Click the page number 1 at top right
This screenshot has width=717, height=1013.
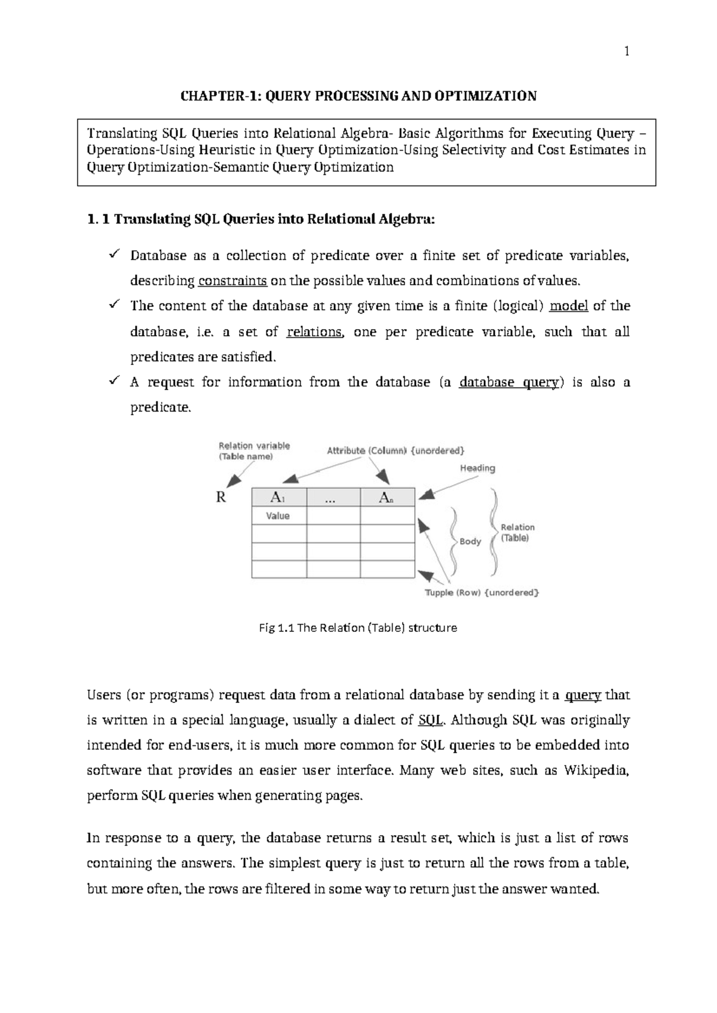point(627,52)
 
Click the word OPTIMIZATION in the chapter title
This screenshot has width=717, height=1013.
point(498,96)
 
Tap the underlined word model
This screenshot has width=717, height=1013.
point(568,306)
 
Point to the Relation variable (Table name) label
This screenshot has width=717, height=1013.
point(254,451)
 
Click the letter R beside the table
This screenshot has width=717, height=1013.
point(221,497)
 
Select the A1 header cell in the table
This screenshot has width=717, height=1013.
point(278,497)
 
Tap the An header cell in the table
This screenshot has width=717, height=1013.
point(387,497)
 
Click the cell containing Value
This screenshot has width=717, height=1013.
point(278,515)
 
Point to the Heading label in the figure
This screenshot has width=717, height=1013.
point(477,468)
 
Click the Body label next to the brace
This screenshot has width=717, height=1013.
point(470,541)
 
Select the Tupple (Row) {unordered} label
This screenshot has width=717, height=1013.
point(482,593)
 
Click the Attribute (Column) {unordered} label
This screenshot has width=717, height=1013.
point(396,450)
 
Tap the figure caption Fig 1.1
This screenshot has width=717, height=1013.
point(358,628)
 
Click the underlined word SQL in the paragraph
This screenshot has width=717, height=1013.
point(430,720)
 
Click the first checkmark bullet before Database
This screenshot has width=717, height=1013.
point(114,255)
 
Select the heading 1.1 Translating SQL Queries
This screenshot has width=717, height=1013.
point(261,219)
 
